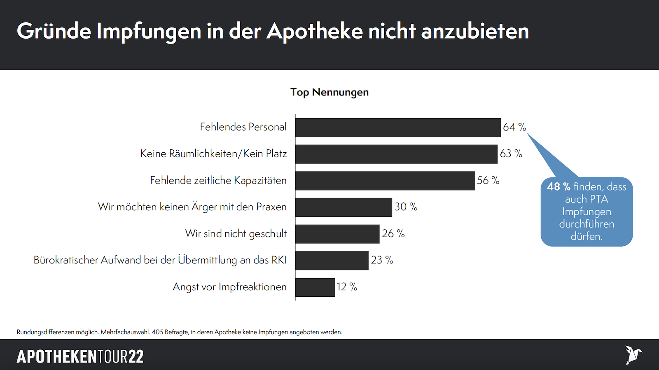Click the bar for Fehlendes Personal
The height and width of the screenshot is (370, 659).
398,128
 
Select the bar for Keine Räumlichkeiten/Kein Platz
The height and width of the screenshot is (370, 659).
396,154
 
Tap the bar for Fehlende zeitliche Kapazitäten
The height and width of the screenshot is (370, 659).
385,181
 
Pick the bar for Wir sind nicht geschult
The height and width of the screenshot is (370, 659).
337,234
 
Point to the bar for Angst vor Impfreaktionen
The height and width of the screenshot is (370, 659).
315,287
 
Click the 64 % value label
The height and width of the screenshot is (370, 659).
514,127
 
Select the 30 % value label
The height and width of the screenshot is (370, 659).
406,207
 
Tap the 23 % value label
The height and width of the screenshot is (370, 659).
382,260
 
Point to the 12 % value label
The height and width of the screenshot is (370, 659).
347,287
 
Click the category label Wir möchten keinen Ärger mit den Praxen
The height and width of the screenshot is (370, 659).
192,207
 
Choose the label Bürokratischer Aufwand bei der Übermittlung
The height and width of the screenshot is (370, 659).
160,260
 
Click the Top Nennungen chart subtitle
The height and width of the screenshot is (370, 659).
329,92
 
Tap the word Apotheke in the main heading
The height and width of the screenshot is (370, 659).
315,31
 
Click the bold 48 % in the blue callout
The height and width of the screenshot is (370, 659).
559,187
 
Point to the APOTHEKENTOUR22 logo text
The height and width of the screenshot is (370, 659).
80,356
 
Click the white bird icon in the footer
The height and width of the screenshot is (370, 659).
633,355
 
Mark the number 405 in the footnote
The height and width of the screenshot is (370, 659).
157,332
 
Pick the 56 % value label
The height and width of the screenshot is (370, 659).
488,180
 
